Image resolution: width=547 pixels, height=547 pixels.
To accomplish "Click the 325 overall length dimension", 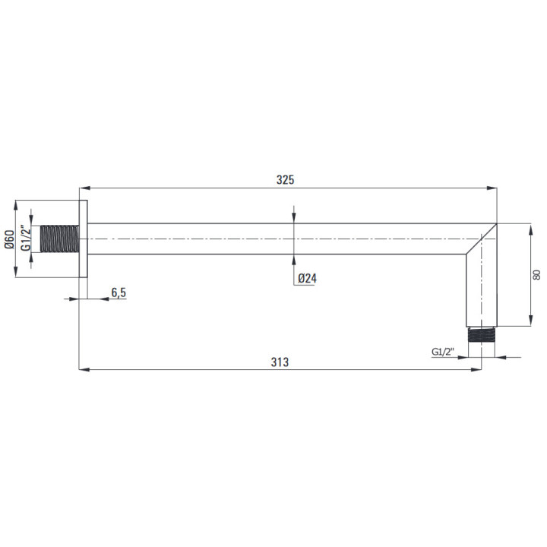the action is pyautogui.click(x=285, y=180).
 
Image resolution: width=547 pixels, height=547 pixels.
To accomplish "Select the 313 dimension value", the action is pyautogui.click(x=280, y=362).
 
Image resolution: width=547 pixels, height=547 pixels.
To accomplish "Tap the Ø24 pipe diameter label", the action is pyautogui.click(x=308, y=278).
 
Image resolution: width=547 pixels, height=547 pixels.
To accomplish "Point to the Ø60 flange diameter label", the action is pyautogui.click(x=9, y=239).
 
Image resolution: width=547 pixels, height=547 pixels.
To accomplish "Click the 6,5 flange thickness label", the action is pyautogui.click(x=119, y=292).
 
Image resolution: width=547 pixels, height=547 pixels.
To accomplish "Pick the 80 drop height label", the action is pyautogui.click(x=536, y=274).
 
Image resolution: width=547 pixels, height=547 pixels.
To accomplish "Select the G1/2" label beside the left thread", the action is pyautogui.click(x=26, y=239).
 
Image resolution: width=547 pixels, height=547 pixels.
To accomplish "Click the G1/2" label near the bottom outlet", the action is pyautogui.click(x=443, y=352).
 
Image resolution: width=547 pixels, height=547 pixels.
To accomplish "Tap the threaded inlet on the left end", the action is pyautogui.click(x=60, y=239).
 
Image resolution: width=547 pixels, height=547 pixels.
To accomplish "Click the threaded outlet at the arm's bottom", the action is pyautogui.click(x=481, y=335).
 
